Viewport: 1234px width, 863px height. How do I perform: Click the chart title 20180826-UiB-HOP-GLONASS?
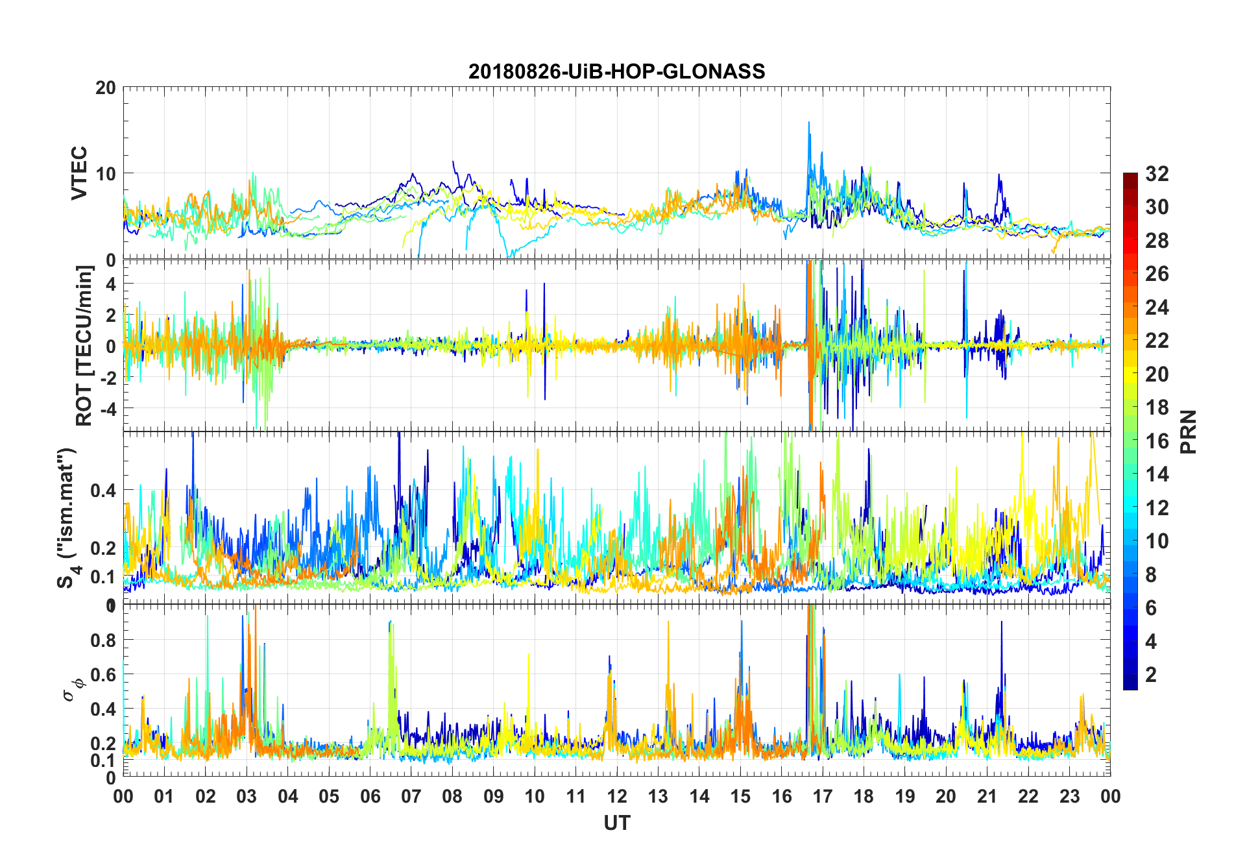coord(616,71)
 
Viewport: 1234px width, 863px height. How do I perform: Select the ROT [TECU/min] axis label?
coord(84,345)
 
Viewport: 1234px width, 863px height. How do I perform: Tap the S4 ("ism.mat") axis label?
coord(67,518)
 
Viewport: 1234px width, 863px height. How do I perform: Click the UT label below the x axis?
coord(616,823)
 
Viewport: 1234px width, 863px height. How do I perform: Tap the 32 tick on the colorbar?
coord(1157,174)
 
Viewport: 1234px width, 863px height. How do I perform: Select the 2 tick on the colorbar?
coord(1151,674)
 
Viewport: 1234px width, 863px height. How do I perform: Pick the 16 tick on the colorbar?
coord(1157,441)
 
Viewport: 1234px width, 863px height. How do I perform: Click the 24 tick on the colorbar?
coord(1157,308)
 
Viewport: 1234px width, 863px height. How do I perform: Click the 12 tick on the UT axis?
coord(617,796)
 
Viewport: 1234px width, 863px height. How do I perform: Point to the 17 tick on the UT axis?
coord(823,796)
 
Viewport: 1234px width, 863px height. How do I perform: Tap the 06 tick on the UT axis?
coord(370,796)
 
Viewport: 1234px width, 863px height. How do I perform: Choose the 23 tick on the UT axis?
coord(1069,796)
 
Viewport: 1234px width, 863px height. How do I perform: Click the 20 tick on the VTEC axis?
coord(106,88)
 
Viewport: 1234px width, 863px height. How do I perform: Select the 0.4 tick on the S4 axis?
coord(103,490)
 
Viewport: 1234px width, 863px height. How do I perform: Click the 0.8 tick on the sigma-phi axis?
coord(103,640)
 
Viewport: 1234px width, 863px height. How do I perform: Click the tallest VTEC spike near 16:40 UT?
coord(808,123)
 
